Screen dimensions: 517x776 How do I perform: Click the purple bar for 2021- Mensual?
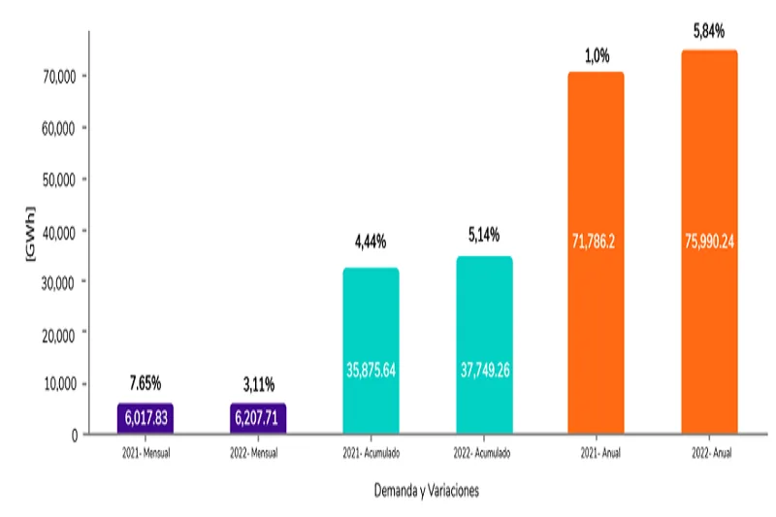[x=145, y=418]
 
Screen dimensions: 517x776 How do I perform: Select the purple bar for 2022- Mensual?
[x=258, y=418]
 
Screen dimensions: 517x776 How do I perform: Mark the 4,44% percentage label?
[x=371, y=241]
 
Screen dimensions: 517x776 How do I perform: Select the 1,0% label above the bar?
[x=596, y=56]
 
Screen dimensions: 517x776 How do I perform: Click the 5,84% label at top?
[x=708, y=33]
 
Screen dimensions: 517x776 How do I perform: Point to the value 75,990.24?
[x=708, y=242]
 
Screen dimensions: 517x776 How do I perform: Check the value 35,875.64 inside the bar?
[x=371, y=369]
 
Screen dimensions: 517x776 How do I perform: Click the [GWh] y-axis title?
[x=29, y=235]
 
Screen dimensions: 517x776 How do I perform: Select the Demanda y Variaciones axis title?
[x=426, y=491]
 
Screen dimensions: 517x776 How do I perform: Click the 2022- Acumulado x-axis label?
[x=484, y=452]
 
